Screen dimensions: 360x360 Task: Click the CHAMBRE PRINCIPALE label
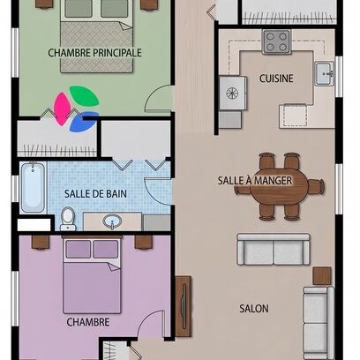point(94,53)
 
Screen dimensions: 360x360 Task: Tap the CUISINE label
point(276,79)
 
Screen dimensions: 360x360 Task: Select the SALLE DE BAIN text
point(95,194)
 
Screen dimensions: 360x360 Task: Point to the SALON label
point(254,309)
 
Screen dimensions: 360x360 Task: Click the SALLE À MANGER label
point(255,181)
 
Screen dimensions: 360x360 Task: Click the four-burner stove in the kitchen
point(276,41)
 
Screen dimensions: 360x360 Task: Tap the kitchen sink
point(325,73)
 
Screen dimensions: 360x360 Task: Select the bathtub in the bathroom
point(33,187)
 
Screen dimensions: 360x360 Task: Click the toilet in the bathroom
point(68,219)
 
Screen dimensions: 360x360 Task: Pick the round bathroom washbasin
point(112,221)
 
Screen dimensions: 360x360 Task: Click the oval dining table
point(279,186)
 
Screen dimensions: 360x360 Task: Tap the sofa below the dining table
point(274,250)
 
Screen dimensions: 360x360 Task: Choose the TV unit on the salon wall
point(184,307)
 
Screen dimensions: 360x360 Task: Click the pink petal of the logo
point(62,109)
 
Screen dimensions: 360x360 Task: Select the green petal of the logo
point(84,95)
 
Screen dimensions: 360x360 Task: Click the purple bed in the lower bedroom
point(92,275)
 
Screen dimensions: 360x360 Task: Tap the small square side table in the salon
point(322,276)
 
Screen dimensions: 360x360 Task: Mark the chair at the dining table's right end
point(316,186)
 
